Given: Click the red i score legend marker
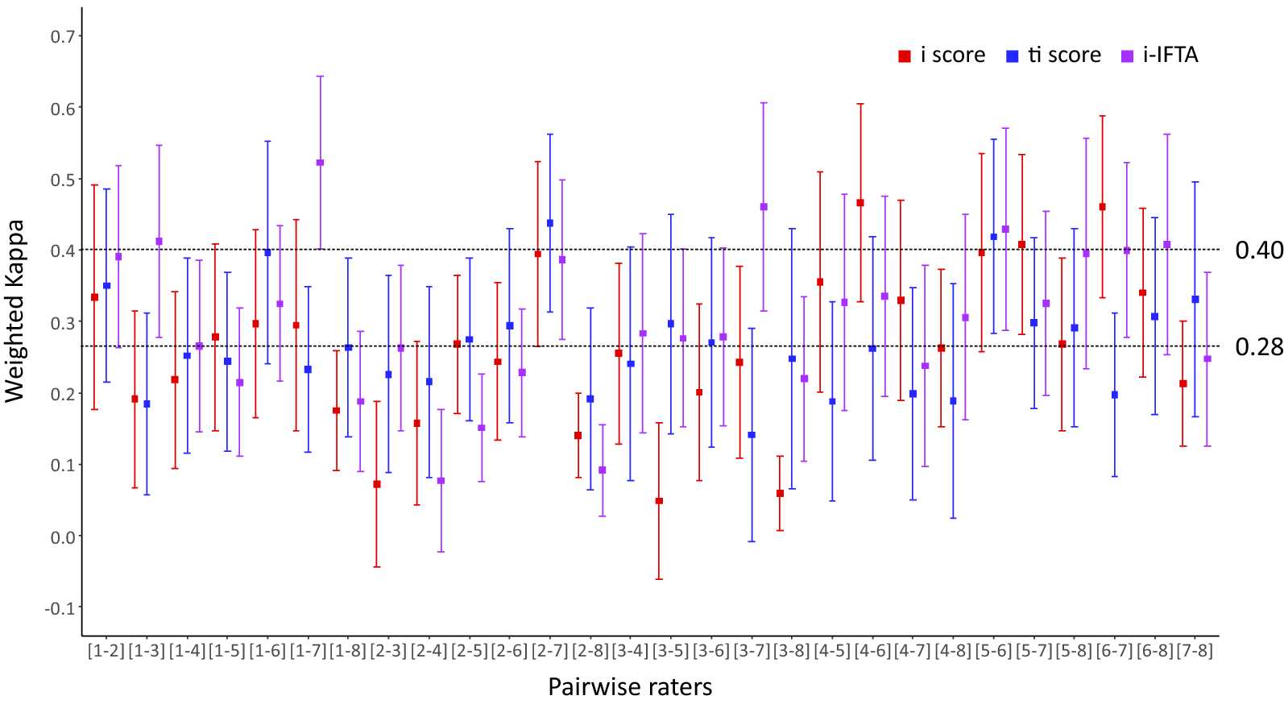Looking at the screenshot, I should tap(905, 56).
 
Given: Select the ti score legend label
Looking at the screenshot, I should tap(1064, 55).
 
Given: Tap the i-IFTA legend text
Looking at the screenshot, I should tap(1170, 55).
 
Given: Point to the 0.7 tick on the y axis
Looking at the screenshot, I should tap(63, 36).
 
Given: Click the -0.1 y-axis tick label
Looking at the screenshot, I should tap(60, 608).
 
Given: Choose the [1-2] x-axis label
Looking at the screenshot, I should tap(106, 651).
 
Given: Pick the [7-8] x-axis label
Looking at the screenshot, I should tap(1195, 651).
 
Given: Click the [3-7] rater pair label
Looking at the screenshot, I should tap(752, 651).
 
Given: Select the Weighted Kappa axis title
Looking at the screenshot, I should tap(15, 311).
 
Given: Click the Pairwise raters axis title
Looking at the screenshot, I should tap(630, 687).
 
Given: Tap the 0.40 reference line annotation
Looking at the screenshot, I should tap(1258, 251).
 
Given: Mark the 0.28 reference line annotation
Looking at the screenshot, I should tap(1258, 347).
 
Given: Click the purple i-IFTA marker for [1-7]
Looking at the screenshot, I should tap(320, 163).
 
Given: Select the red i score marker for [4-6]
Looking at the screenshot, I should tap(860, 203).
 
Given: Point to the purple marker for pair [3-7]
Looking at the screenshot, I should tap(764, 207).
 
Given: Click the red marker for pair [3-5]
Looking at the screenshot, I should tap(659, 501).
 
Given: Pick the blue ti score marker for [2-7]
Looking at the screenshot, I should tap(550, 223).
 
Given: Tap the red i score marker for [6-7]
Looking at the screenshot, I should tap(1102, 207).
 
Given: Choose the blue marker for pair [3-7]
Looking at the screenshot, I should tap(752, 435).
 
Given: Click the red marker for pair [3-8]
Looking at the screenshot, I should tap(780, 493).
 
